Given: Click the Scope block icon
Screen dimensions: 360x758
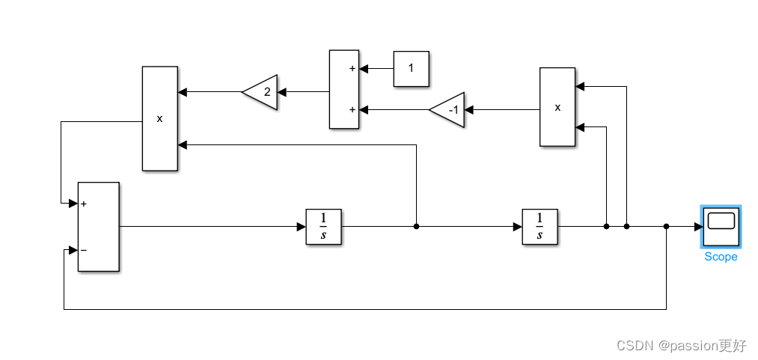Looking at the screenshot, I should pyautogui.click(x=721, y=227).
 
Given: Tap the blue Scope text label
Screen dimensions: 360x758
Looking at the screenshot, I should pyautogui.click(x=721, y=257).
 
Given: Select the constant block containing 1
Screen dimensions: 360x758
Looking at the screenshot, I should pyautogui.click(x=412, y=69).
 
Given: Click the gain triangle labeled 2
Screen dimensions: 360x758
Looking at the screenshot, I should pyautogui.click(x=261, y=92).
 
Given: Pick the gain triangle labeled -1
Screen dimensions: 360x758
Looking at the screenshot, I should pyautogui.click(x=448, y=110).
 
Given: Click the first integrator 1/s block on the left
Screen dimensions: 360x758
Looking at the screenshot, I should pyautogui.click(x=323, y=226).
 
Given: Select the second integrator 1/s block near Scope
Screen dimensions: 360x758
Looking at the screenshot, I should pyautogui.click(x=540, y=226).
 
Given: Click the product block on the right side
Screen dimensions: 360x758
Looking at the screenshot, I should pyautogui.click(x=557, y=107).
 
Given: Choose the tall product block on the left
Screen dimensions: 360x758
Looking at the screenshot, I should pyautogui.click(x=160, y=118).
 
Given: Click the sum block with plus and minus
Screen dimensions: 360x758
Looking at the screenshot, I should pyautogui.click(x=99, y=226).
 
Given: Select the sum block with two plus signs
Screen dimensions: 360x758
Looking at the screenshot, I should pyautogui.click(x=344, y=90).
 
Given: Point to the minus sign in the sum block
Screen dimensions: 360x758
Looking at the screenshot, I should pyautogui.click(x=83, y=250).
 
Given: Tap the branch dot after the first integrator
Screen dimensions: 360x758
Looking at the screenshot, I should pyautogui.click(x=416, y=226).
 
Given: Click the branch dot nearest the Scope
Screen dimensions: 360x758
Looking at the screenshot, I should pyautogui.click(x=666, y=226).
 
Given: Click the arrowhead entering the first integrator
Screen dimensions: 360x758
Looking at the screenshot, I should pyautogui.click(x=301, y=226).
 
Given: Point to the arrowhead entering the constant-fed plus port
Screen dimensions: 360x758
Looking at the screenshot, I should pyautogui.click(x=364, y=69).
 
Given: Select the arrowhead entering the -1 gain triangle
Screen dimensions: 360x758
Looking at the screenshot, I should pyautogui.click(x=469, y=110).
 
